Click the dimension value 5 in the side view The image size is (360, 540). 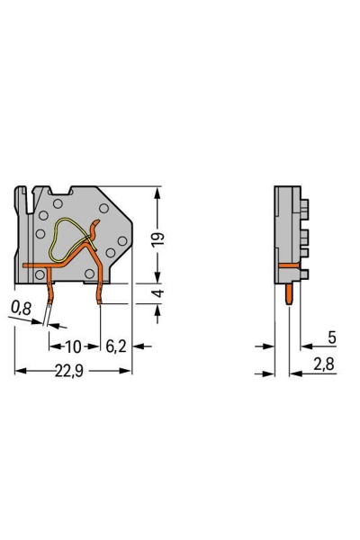click(332, 337)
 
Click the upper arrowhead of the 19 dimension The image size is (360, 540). click(159, 192)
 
